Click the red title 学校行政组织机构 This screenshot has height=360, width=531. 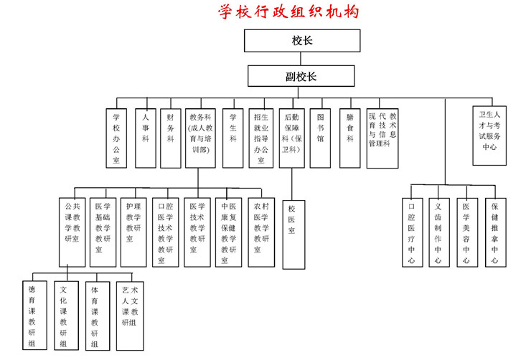tap(290, 11)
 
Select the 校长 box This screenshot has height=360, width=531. tap(301, 41)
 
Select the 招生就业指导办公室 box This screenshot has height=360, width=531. tap(260, 138)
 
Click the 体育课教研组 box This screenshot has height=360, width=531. tap(95, 316)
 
